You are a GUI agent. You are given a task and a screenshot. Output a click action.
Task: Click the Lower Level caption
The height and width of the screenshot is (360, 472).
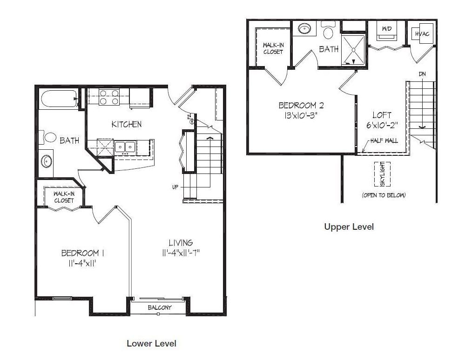[x=151, y=343]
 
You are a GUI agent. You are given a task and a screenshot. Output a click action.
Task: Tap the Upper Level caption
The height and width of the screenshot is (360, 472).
[x=349, y=227]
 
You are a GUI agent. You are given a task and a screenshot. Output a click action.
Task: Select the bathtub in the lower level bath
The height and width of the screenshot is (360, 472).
[x=59, y=99]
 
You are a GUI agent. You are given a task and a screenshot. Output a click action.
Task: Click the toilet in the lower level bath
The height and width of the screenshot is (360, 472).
[x=48, y=138]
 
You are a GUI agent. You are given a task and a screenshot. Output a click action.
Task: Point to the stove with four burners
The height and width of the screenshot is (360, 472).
[x=108, y=97]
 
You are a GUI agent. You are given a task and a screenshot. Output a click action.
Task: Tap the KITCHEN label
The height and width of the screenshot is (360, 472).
[x=127, y=124]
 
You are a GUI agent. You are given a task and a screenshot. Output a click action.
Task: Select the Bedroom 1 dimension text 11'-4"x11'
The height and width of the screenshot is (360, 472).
[x=82, y=263]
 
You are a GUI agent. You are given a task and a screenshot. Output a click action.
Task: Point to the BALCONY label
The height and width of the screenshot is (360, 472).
[x=160, y=307]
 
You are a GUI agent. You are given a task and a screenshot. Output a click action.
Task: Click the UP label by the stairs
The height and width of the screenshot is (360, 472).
[x=175, y=187]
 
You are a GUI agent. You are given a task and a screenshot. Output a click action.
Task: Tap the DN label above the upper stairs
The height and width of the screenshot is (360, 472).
[x=422, y=74]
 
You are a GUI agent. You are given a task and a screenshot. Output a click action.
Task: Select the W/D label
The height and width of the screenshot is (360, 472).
[x=387, y=28]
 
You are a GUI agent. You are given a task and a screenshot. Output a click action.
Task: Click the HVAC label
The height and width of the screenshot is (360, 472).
[x=422, y=34]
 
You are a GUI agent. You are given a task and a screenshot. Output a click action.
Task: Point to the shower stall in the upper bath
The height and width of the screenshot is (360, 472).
[x=353, y=49]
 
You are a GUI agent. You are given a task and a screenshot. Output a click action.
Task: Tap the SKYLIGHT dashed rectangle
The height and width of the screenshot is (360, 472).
[x=382, y=174]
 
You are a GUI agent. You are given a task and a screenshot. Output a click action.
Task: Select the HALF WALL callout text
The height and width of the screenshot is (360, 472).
[x=384, y=140]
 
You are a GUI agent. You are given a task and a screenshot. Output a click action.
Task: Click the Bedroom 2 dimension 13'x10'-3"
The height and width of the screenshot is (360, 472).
[x=301, y=115]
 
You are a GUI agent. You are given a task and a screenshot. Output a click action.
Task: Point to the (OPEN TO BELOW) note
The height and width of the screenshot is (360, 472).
[x=384, y=195]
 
